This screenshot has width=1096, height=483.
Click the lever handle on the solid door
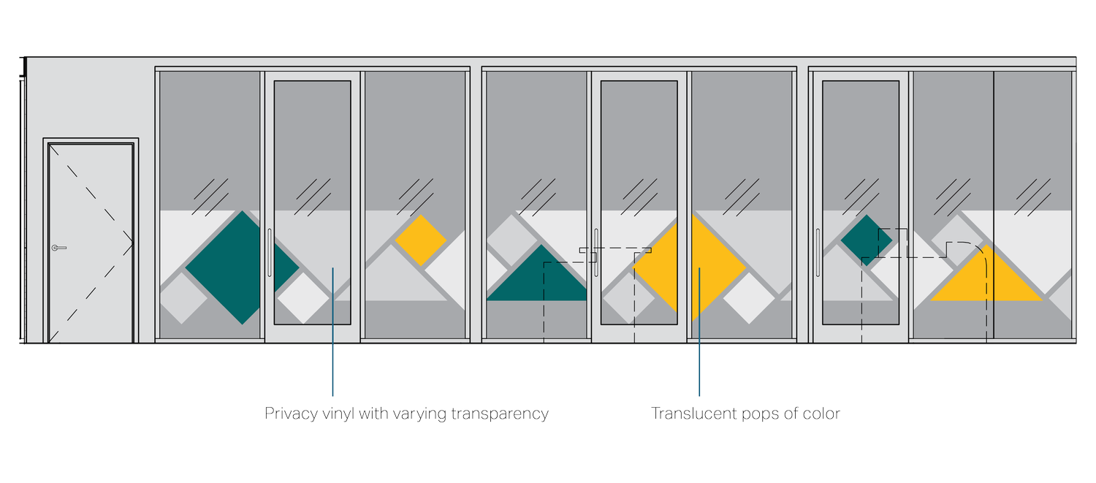pyautogui.click(x=58, y=248)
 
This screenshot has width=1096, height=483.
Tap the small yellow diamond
pyautogui.click(x=421, y=240)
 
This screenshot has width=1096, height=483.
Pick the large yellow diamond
pyautogui.click(x=690, y=267)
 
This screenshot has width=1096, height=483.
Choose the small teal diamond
pyautogui.click(x=867, y=240)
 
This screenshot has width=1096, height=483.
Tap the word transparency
pyautogui.click(x=499, y=414)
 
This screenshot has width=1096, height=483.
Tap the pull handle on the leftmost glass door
pyautogui.click(x=270, y=252)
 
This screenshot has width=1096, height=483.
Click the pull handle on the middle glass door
pyautogui.click(x=597, y=252)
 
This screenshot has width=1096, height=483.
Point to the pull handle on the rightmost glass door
pyautogui.click(x=818, y=252)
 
